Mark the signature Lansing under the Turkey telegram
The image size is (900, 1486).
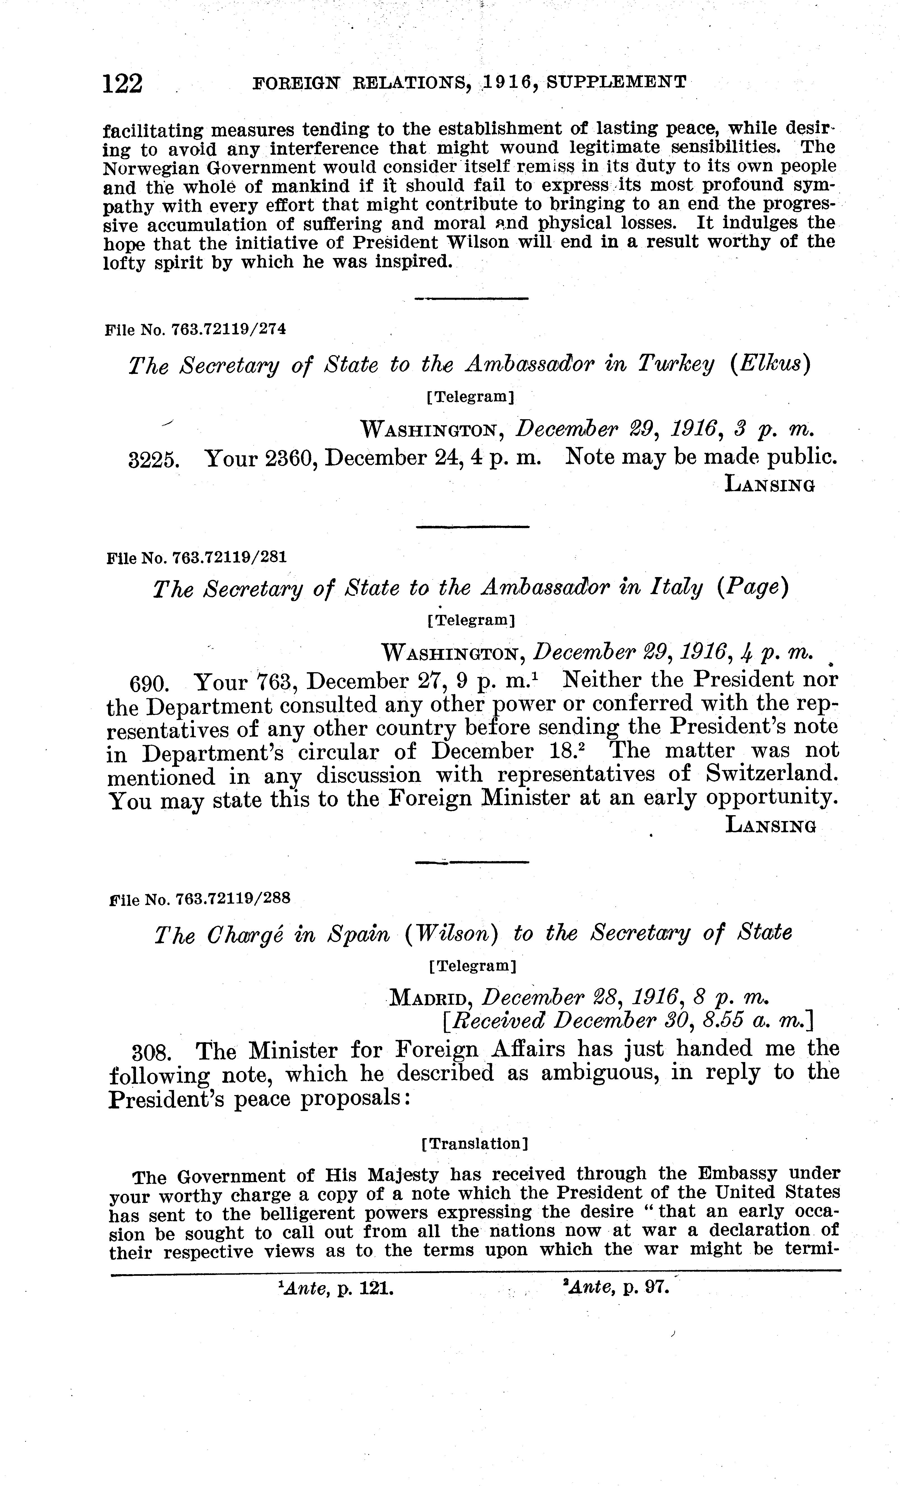(770, 484)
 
